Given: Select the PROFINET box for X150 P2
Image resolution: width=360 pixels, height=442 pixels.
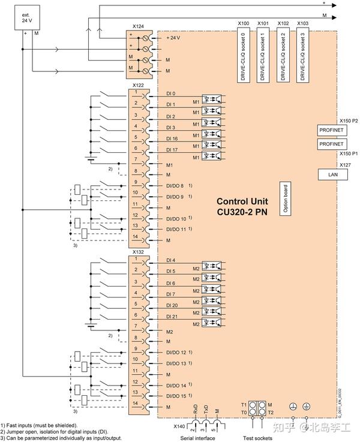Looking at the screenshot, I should pyautogui.click(x=331, y=130).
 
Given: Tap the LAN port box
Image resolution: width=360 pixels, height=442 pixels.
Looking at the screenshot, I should pyautogui.click(x=331, y=173).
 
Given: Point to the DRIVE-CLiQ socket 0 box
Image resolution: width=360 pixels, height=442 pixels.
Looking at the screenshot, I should pyautogui.click(x=242, y=54).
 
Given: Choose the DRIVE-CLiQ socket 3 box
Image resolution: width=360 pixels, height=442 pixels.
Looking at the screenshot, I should pyautogui.click(x=302, y=54).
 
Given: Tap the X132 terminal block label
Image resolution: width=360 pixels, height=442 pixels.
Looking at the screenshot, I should pyautogui.click(x=138, y=252).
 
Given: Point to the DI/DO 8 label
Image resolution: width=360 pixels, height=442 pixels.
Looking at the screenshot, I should pyautogui.click(x=175, y=186).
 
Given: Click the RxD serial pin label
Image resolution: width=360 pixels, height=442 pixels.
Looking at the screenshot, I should pyautogui.click(x=195, y=410).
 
